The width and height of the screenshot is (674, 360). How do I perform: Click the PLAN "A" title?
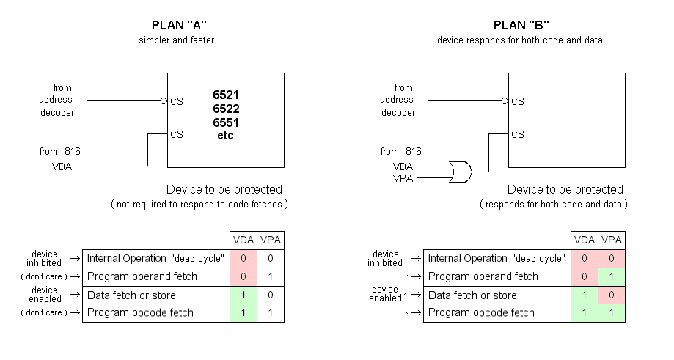(176, 26)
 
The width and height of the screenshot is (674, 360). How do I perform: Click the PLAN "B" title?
(519, 26)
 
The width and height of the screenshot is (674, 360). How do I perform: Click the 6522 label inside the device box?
(226, 109)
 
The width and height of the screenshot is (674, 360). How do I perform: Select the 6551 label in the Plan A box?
(226, 122)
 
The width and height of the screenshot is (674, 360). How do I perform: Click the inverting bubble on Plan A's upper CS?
(164, 101)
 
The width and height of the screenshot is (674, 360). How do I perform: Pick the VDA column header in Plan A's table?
(243, 240)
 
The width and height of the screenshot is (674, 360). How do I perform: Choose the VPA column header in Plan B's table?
(612, 240)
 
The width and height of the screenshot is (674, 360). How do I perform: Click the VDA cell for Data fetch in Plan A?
(243, 295)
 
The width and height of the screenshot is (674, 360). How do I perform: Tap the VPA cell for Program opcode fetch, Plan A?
(271, 313)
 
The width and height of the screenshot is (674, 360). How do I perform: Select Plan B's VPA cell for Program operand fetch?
(612, 277)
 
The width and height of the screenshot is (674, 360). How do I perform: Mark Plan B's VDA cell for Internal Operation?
(584, 259)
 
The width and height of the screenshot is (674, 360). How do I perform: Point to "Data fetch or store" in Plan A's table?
(132, 295)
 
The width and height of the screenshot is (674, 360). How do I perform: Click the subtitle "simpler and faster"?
(176, 40)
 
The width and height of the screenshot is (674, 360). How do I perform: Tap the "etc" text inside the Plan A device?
(226, 136)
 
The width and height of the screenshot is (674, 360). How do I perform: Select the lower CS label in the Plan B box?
(518, 134)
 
